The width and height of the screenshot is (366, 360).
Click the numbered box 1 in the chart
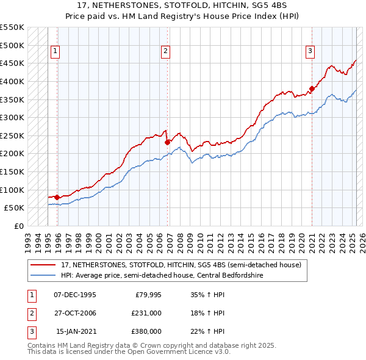(x=55, y=51)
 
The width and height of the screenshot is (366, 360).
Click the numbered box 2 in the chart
(x=165, y=51)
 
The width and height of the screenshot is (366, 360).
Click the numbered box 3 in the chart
(x=310, y=51)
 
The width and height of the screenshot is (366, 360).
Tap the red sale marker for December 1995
(x=57, y=197)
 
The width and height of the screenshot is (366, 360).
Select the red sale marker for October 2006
(x=167, y=142)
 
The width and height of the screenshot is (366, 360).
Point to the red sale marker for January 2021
(x=312, y=88)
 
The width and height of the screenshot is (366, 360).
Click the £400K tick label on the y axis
(x=12, y=81)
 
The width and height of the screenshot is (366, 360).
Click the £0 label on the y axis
(x=18, y=226)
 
